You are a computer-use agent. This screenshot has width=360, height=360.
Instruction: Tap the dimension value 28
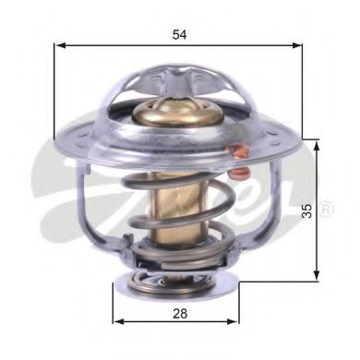pos(180,314)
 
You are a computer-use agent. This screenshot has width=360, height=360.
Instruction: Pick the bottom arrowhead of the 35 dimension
pos(318,274)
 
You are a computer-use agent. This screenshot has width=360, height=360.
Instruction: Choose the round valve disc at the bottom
pos(178,277)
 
